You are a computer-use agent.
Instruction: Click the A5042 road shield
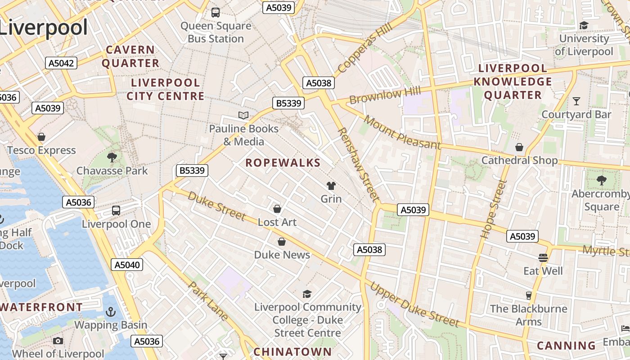click(x=61, y=63)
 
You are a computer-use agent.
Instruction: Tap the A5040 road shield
click(x=128, y=265)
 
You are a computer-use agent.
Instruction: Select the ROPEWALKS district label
click(x=283, y=163)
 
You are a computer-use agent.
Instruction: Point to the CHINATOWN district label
click(x=292, y=352)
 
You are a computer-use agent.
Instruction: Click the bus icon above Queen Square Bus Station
click(x=216, y=13)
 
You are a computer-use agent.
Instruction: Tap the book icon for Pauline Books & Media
click(x=243, y=116)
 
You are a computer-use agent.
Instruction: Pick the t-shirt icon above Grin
click(x=331, y=186)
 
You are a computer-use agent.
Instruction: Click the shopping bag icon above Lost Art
click(x=277, y=209)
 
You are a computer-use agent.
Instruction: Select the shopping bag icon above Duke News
click(x=282, y=242)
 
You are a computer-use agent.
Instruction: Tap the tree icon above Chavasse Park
click(x=112, y=157)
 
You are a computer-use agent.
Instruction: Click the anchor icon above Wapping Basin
click(x=110, y=312)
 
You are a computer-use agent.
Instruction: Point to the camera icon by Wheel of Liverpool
click(x=58, y=341)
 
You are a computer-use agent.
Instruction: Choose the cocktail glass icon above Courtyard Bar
click(x=576, y=101)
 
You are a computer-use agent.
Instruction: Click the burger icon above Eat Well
click(x=543, y=258)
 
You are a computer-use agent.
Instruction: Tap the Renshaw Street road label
click(x=358, y=164)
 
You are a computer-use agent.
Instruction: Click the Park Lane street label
click(x=209, y=301)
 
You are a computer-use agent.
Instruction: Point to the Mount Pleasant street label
click(x=402, y=132)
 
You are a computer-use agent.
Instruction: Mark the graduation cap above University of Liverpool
click(x=584, y=25)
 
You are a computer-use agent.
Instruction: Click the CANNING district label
click(x=567, y=346)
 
